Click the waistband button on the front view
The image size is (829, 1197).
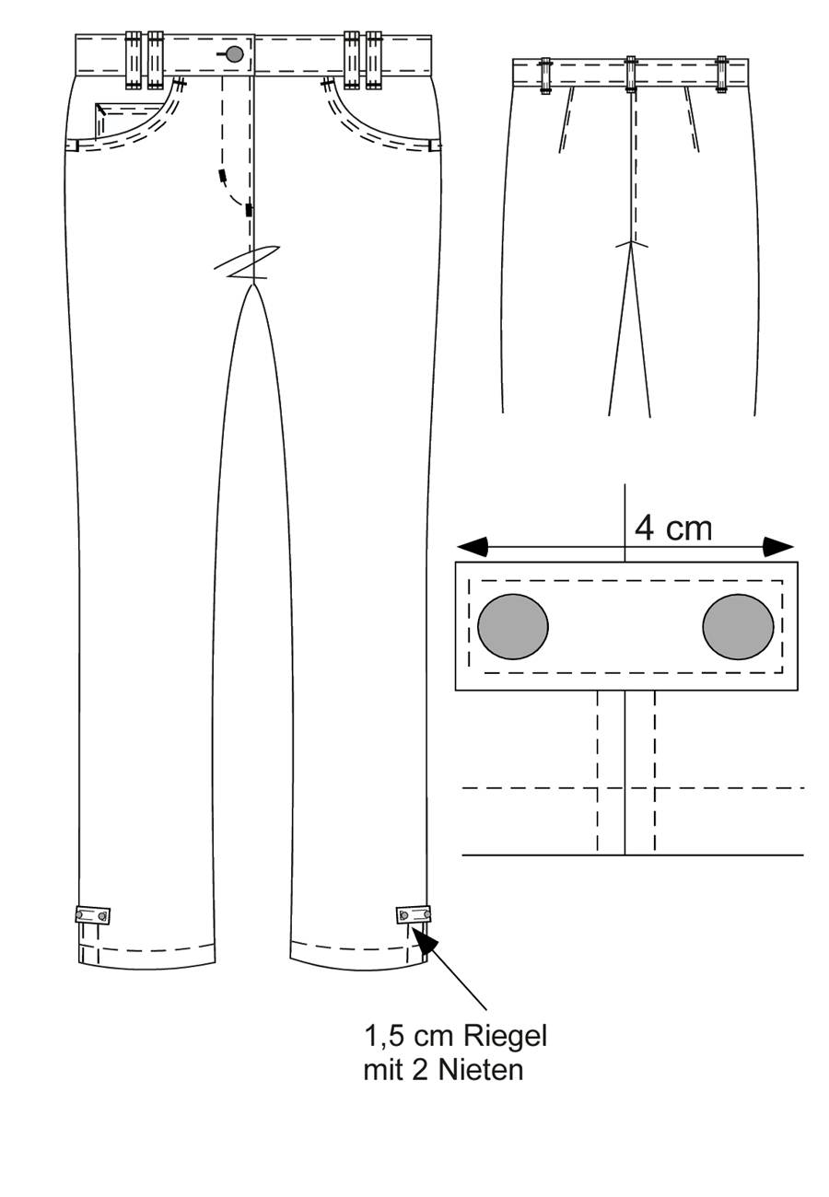pos(234,54)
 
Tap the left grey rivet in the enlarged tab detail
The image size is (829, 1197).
pos(512,626)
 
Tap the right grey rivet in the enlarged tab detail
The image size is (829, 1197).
pos(738,626)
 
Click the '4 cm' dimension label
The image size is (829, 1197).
pos(673,529)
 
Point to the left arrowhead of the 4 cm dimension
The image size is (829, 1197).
pos(472,546)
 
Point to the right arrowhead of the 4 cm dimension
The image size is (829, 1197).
pos(778,546)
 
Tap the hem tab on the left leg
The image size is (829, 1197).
pos(92,915)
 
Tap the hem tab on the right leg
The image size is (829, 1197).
pos(413,914)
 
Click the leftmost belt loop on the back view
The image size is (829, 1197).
pos(545,76)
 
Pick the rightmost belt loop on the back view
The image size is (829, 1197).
pos(721,75)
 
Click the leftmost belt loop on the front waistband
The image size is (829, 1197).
pos(133,60)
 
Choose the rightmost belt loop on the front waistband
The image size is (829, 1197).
pos(374,60)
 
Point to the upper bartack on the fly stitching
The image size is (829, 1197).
pos(222,176)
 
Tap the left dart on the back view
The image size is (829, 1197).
pos(566,120)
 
